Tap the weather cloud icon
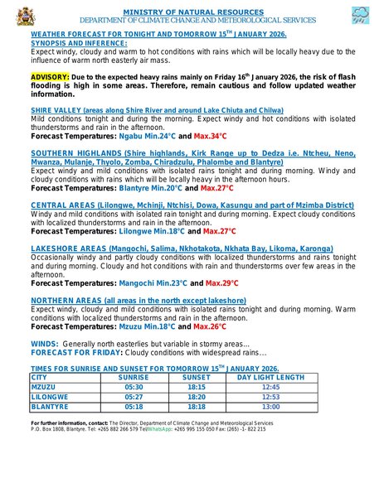361,15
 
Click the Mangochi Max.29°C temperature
217,283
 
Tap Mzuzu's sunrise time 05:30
134,387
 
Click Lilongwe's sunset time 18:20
197,397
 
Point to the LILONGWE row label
49,397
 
